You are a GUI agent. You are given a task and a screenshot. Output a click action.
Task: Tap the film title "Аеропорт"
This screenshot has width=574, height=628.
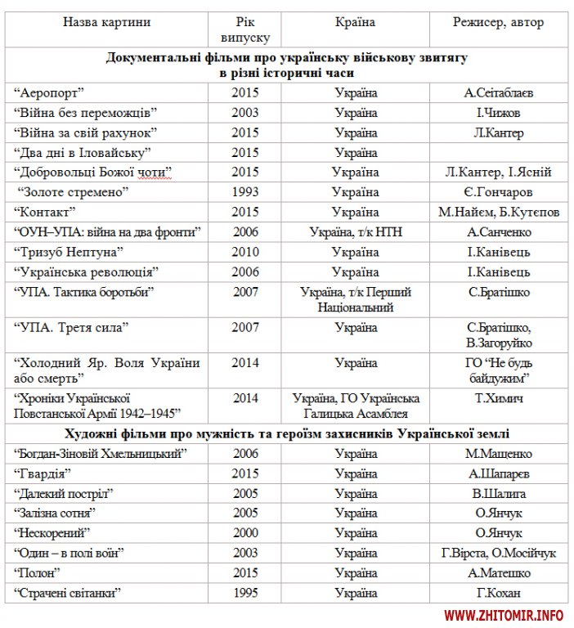(51, 93)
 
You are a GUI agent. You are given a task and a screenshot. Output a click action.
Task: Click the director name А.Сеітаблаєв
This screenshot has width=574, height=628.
(498, 93)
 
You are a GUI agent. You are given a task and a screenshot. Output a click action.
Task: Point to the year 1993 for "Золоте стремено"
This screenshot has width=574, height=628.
(244, 193)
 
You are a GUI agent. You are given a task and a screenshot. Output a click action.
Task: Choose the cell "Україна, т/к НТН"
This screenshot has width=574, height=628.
(356, 232)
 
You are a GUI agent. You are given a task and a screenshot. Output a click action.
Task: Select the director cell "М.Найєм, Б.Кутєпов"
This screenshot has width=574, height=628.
(498, 213)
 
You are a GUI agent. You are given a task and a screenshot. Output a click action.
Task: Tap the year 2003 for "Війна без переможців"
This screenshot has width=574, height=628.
(244, 113)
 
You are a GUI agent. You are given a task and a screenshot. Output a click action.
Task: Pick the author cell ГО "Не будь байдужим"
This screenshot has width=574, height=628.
(498, 370)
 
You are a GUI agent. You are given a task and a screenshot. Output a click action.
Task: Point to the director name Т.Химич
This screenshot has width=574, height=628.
(498, 399)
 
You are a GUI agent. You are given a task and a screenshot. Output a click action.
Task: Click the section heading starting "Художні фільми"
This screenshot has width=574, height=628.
(286, 433)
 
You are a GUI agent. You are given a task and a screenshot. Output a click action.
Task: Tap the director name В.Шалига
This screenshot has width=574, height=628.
(498, 494)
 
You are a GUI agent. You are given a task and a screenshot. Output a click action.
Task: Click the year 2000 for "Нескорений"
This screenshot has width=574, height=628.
(244, 533)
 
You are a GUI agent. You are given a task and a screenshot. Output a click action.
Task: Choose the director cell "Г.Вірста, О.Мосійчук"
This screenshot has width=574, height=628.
(498, 554)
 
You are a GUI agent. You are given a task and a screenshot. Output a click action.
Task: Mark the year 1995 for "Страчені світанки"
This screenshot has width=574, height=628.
(244, 593)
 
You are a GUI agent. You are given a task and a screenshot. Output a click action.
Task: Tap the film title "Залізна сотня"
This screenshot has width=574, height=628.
(57, 514)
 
